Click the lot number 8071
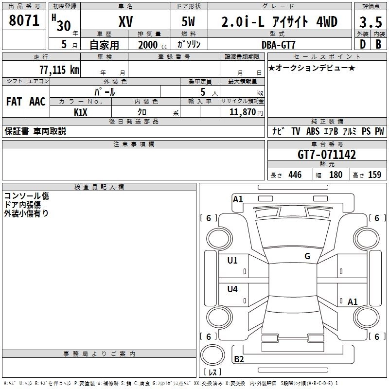(x=24, y=20)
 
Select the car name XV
(x=126, y=21)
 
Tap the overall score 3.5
(x=371, y=22)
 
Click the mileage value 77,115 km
(x=59, y=70)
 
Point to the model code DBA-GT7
(x=278, y=45)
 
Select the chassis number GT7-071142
(x=326, y=155)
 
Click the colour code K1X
(x=81, y=112)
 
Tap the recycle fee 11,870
(x=242, y=112)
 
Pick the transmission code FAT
(x=14, y=102)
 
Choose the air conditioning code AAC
(x=37, y=102)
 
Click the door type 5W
(x=188, y=21)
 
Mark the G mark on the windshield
(x=307, y=256)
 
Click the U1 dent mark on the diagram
(x=232, y=261)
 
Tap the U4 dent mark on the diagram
(x=232, y=289)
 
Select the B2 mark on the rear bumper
(x=239, y=359)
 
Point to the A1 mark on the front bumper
(x=238, y=199)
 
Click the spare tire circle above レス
(x=212, y=355)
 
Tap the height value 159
(x=374, y=175)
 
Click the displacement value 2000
(x=148, y=45)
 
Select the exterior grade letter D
(x=363, y=44)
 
